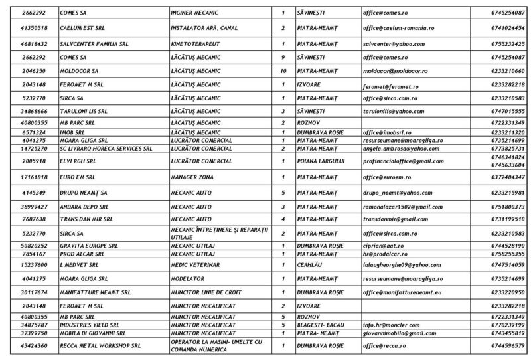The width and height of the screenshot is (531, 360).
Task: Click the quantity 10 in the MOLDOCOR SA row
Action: (x=283, y=70)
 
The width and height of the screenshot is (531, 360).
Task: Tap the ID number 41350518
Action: (x=31, y=28)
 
